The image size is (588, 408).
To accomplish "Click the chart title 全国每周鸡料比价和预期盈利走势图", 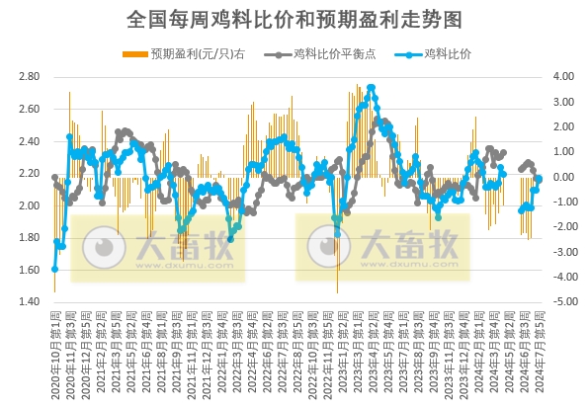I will (x=294, y=19).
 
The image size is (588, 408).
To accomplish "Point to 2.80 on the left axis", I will (x=29, y=76).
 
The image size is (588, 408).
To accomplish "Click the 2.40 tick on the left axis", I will (x=29, y=141).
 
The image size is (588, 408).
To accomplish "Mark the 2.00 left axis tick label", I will (x=29, y=205).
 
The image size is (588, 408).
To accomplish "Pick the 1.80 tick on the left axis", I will (x=29, y=238).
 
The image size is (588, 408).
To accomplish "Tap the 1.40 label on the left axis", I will (x=29, y=302).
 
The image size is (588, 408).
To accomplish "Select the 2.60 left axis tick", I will (x=29, y=109).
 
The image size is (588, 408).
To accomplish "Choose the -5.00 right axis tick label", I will (x=561, y=302).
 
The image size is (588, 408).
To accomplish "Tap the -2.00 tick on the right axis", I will (x=561, y=227).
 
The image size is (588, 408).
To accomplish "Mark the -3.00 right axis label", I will (x=561, y=252).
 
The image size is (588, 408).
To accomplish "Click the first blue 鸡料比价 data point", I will (x=54, y=269).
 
